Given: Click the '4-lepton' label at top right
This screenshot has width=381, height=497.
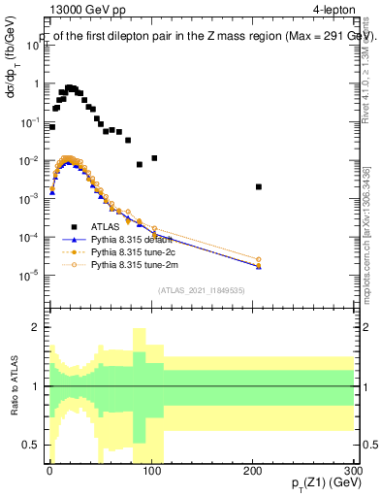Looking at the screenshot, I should (x=333, y=13).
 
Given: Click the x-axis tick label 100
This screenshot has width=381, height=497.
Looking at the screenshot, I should (x=150, y=469).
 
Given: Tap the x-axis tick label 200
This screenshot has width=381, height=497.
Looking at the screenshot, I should (x=253, y=469).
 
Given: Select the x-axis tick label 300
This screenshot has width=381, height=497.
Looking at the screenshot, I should (x=355, y=469).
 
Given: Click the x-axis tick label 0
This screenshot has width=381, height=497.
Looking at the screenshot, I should (x=48, y=469).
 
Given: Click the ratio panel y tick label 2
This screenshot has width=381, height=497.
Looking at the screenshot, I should (x=36, y=327).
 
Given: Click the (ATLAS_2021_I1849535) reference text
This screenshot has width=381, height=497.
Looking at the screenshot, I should (x=202, y=289).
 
